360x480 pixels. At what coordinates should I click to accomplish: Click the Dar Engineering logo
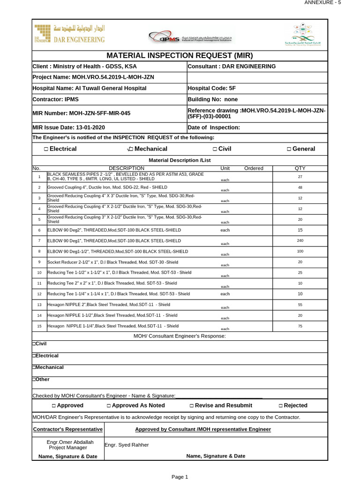pos(70,34)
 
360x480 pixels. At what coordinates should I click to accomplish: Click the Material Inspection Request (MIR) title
pos(180,55)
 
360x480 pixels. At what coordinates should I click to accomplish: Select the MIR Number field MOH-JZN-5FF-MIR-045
pos(81,113)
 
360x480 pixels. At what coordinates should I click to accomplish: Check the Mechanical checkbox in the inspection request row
pos(130,149)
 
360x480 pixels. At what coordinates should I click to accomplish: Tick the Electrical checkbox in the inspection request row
pos(46,149)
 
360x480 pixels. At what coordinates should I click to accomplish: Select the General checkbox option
pos(289,149)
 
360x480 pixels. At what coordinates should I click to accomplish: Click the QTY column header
pos(300,168)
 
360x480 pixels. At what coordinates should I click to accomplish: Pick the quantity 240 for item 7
pos(300,240)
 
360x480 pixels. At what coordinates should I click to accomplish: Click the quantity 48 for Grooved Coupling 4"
pos(300,187)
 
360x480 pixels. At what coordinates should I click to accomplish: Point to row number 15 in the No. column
pos(39,326)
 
